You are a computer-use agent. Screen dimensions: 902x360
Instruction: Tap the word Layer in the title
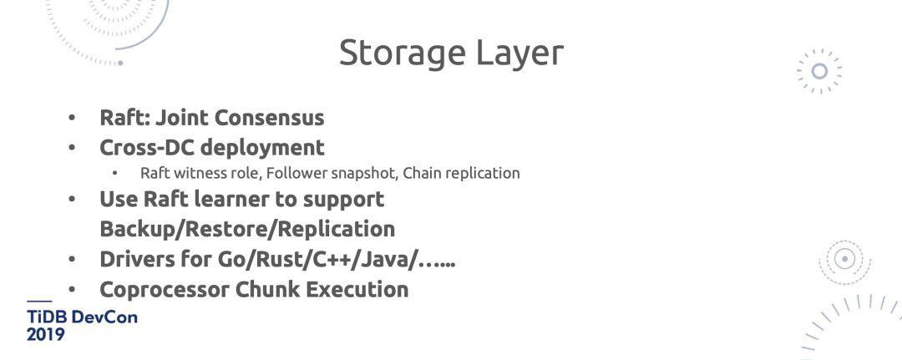coord(519,53)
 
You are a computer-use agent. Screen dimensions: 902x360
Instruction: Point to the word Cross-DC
coord(147,148)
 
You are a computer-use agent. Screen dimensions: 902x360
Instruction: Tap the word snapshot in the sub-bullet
coord(362,173)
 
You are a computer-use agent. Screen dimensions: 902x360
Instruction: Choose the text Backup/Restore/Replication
coord(247,229)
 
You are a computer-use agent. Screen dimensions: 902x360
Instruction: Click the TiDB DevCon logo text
coord(82,317)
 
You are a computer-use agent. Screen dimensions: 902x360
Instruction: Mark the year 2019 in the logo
coord(45,334)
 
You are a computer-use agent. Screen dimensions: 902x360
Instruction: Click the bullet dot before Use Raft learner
coord(72,200)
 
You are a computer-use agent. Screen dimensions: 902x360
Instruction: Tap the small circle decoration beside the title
coord(819,71)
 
